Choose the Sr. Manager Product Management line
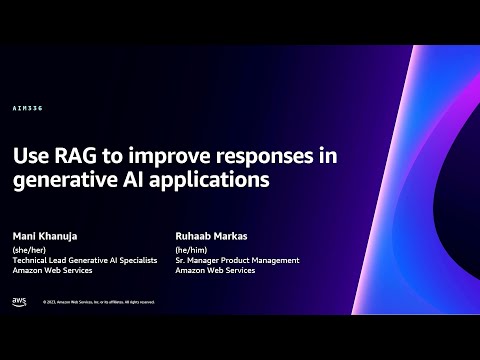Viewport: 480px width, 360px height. click(x=237, y=260)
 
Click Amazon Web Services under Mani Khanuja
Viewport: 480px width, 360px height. click(x=52, y=271)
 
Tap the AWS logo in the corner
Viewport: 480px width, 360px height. click(x=19, y=300)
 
